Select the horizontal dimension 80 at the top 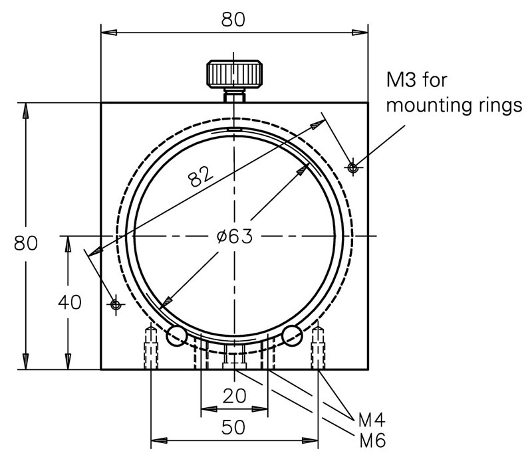pos(233,19)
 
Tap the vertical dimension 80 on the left pos(26,242)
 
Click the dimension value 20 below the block pos(233,396)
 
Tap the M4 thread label pos(372,419)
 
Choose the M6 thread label pos(372,440)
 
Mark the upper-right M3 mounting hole pos(353,166)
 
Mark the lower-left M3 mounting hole pos(116,304)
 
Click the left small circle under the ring pos(176,336)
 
